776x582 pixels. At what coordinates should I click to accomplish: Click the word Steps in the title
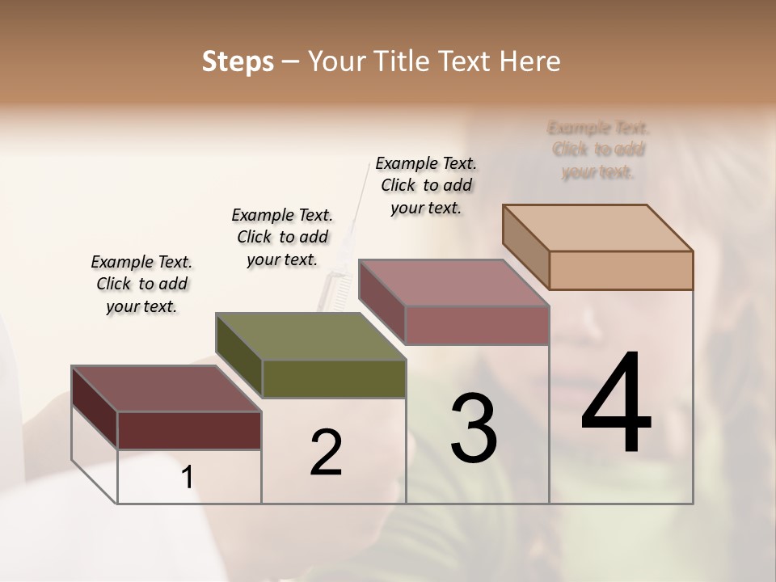[x=238, y=61]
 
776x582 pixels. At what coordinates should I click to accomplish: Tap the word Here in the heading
[x=530, y=61]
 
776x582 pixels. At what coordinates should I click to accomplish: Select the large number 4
[x=616, y=404]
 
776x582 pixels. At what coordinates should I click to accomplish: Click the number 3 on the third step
[x=474, y=428]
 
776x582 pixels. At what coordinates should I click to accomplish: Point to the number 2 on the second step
[x=326, y=453]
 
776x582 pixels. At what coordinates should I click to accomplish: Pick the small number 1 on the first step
[x=187, y=478]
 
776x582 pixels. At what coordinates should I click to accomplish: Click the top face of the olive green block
[x=310, y=336]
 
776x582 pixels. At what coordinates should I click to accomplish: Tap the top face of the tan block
[x=598, y=227]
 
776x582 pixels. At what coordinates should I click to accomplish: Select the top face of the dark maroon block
[x=167, y=389]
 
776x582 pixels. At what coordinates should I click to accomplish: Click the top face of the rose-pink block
[x=453, y=283]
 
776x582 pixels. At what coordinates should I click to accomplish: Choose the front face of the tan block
[x=621, y=270]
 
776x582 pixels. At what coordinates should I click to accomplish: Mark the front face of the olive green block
[x=334, y=378]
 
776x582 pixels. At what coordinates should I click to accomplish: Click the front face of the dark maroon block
[x=189, y=430]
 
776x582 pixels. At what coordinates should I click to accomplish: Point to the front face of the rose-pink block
[x=477, y=325]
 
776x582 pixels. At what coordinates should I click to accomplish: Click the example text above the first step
[x=141, y=284]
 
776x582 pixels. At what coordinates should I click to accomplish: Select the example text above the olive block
[x=282, y=237]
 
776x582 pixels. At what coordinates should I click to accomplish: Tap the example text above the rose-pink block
[x=426, y=185]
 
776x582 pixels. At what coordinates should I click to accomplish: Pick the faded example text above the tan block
[x=598, y=150]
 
